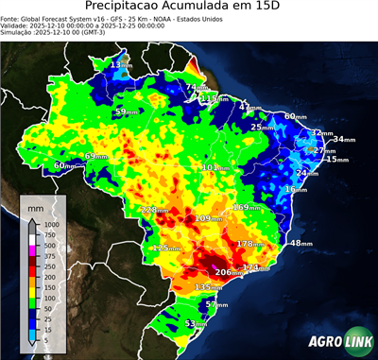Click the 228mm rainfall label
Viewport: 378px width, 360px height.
[x=148, y=210]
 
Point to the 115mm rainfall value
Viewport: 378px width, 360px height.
[x=215, y=98]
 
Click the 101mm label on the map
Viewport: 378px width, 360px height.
[x=214, y=167]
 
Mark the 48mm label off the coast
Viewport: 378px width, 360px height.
[x=301, y=243]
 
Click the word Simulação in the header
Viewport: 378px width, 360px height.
[x=17, y=32]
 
